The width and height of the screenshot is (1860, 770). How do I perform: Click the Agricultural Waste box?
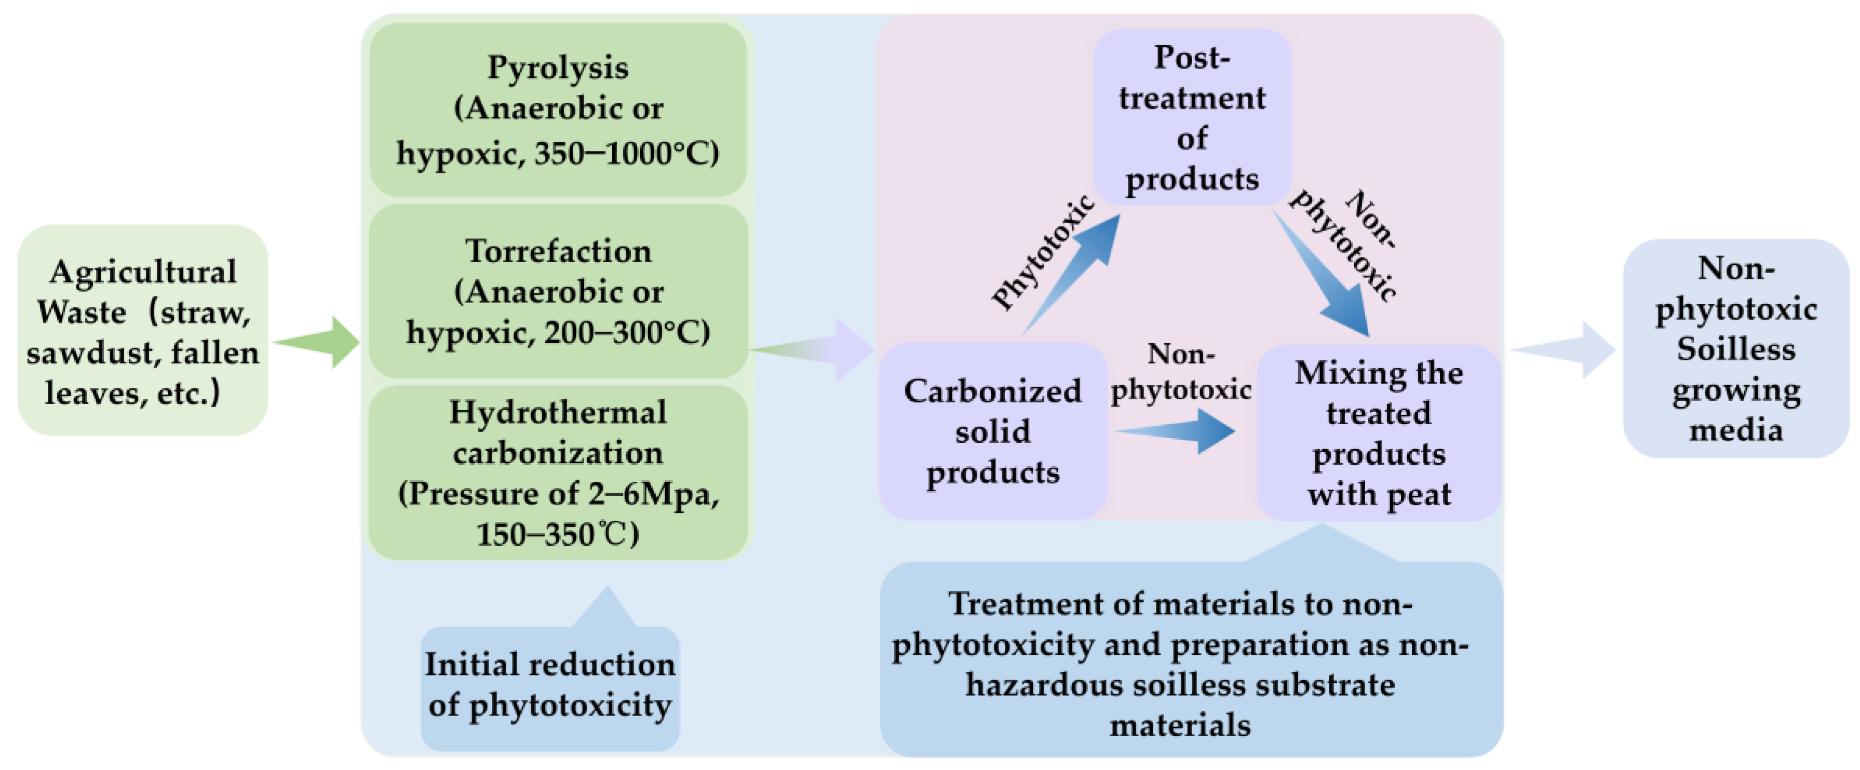pyautogui.click(x=143, y=331)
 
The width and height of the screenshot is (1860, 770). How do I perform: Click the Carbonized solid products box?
pyautogui.click(x=992, y=431)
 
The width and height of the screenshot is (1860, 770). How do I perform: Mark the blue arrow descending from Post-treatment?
pyautogui.click(x=1325, y=278)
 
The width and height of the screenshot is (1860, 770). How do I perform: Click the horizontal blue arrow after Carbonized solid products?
pyautogui.click(x=1177, y=431)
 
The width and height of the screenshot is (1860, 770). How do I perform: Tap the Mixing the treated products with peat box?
pyautogui.click(x=1379, y=433)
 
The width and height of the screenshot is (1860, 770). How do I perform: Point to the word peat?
pyautogui.click(x=1418, y=495)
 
